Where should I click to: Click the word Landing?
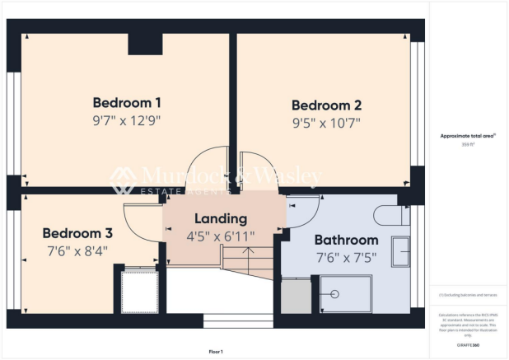[x=220, y=219]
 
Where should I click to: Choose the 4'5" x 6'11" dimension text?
[x=220, y=236]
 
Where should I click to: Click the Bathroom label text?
[x=346, y=240]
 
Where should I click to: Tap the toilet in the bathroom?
[x=390, y=216]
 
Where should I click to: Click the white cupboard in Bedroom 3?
[x=138, y=290]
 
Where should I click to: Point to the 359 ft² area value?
[x=467, y=143]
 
